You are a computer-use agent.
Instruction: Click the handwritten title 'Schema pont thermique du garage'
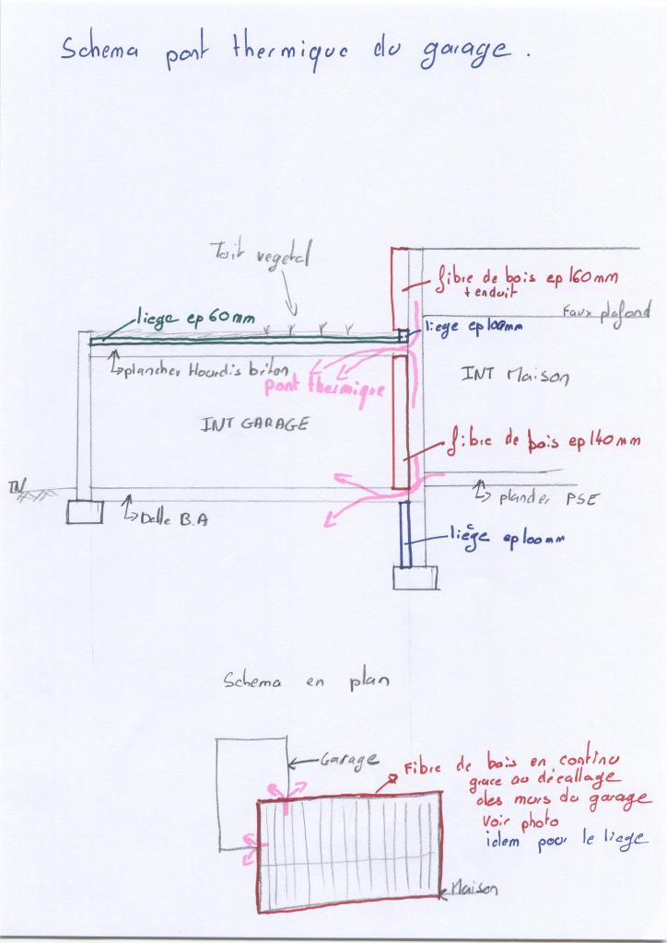pos(295,52)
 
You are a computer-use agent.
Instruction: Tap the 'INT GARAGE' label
pos(253,425)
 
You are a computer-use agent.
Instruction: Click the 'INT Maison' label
pos(516,375)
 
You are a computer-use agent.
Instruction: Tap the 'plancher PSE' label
pos(547,498)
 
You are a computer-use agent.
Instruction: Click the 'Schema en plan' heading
pos(305,682)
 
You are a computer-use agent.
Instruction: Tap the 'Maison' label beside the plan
pos(475,889)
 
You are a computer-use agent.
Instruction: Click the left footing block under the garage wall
pos(85,511)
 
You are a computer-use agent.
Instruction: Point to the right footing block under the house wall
pos(415,577)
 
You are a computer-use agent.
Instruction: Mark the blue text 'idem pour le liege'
pos(561,841)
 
